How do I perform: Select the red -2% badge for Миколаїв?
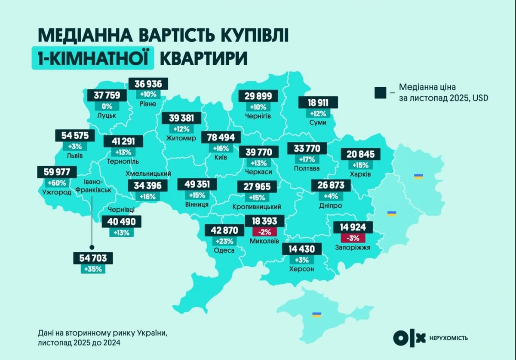(x=264, y=232)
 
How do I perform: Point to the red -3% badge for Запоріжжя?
(x=352, y=238)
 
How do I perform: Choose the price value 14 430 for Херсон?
(x=301, y=249)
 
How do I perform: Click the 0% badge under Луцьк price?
(x=107, y=106)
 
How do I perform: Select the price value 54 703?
(x=93, y=258)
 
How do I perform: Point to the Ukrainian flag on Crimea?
(x=316, y=315)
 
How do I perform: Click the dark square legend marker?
(x=380, y=92)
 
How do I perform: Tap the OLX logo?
(x=409, y=337)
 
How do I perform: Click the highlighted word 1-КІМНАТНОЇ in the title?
(x=92, y=58)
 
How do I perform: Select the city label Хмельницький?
(x=148, y=174)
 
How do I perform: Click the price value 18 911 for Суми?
(x=318, y=103)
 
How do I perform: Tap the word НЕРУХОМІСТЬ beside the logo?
(x=448, y=338)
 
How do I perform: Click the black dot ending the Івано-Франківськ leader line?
(x=91, y=247)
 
